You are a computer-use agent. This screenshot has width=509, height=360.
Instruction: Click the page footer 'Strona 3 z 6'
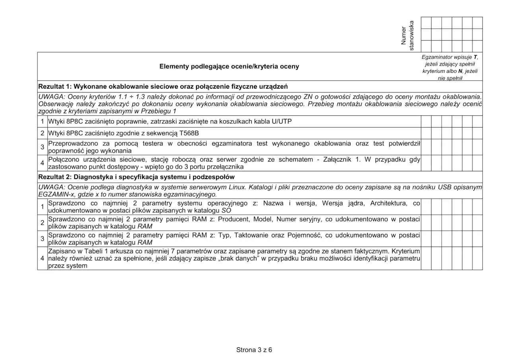(x=254, y=350)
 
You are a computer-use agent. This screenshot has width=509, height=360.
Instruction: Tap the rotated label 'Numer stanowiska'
(x=408, y=35)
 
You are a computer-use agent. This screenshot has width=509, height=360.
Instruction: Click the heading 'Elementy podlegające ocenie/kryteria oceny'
(x=229, y=66)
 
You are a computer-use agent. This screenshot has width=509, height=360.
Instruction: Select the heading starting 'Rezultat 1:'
(x=163, y=86)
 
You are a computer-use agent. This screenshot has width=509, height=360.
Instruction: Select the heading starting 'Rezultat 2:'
(x=136, y=177)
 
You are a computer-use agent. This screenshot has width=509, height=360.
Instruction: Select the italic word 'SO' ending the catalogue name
(x=226, y=210)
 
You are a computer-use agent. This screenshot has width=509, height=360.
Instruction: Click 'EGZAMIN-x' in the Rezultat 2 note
(x=54, y=195)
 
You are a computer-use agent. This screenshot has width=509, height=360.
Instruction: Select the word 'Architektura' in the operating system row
(x=388, y=203)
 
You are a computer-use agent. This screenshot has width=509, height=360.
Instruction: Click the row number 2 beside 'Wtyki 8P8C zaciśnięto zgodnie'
(x=42, y=133)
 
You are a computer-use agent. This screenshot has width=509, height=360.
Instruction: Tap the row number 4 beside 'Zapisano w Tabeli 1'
(x=42, y=258)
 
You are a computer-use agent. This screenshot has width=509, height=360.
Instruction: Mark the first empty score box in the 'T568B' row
(x=426, y=133)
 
